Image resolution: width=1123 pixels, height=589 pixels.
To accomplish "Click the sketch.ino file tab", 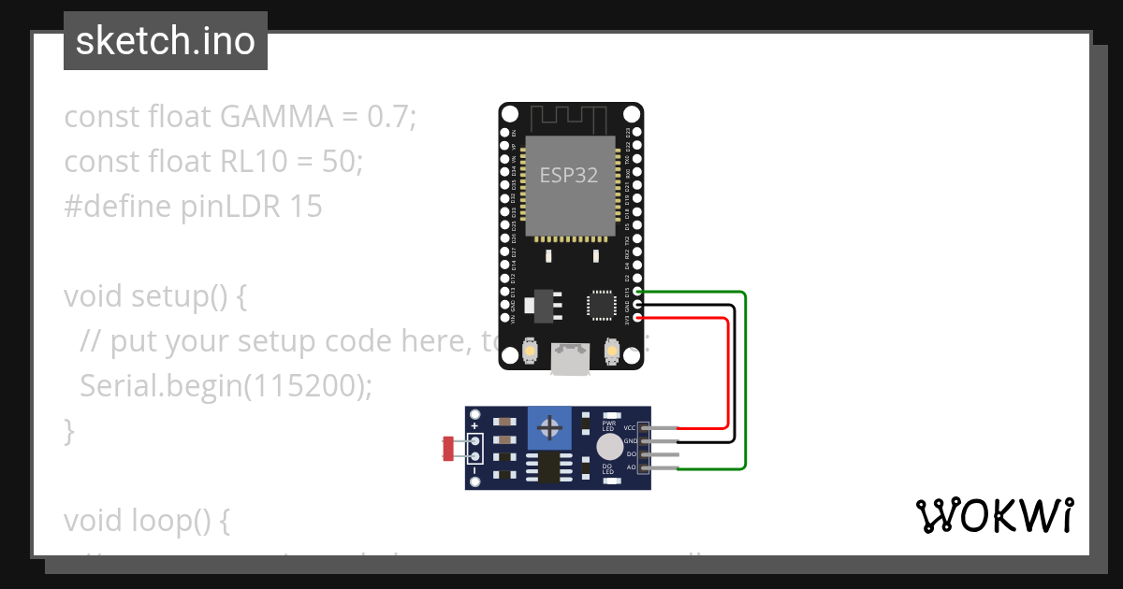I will click(x=165, y=41).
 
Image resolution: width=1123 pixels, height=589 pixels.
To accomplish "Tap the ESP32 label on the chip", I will click(x=568, y=175).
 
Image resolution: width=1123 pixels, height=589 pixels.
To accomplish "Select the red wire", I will click(x=727, y=374).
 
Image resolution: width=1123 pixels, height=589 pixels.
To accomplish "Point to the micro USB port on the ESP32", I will click(x=570, y=359).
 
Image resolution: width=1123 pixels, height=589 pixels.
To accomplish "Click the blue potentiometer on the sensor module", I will click(x=551, y=429).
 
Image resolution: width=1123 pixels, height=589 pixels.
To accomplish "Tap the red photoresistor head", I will click(x=448, y=448).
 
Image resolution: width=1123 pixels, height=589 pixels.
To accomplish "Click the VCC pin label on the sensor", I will click(x=630, y=428).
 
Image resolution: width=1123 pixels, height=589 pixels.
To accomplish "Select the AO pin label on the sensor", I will click(x=631, y=466).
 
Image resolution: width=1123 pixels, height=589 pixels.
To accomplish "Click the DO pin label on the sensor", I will click(x=631, y=453).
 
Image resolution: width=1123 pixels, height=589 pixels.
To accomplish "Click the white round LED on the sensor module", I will click(x=609, y=446).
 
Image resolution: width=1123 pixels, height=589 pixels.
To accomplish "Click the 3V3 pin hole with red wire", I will click(x=638, y=318).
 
